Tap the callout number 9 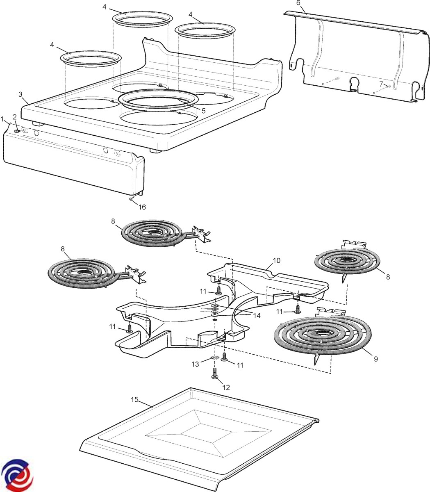tap(375, 359)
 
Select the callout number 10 tap(276, 260)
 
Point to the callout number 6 tap(298, 3)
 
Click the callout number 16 tap(142, 207)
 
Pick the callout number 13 tap(196, 364)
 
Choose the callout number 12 tap(226, 387)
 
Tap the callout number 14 tap(257, 315)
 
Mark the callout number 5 tap(203, 111)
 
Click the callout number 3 tap(20, 94)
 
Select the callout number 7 tap(381, 84)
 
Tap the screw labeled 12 tap(215, 374)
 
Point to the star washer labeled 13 tap(213, 358)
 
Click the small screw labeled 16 tap(131, 200)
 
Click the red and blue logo tap(17, 474)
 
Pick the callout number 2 tap(15, 117)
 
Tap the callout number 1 tap(2, 119)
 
